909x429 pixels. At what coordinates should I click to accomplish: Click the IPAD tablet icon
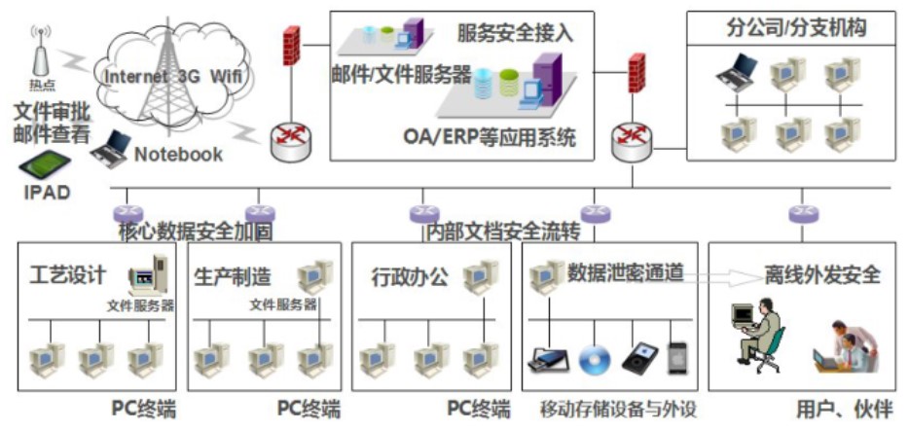tap(45, 161)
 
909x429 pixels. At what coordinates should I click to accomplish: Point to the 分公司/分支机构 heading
tap(796, 28)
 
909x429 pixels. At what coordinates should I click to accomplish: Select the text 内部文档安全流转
tap(503, 232)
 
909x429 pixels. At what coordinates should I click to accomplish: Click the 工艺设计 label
tap(68, 275)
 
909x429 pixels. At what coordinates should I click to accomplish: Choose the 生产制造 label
tap(233, 275)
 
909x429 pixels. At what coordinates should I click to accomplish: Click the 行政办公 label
tap(411, 275)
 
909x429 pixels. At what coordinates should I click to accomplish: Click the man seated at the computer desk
tap(761, 334)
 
